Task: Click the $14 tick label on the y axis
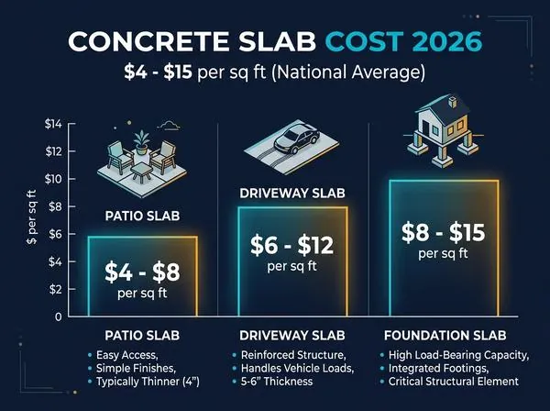pos(53,124)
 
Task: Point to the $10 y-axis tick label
pos(53,179)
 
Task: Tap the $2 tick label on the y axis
pos(55,289)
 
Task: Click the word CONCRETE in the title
pos(148,42)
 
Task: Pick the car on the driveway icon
pos(296,139)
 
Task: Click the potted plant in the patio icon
pos(142,142)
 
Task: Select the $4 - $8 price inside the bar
pos(142,272)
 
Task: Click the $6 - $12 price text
pos(291,245)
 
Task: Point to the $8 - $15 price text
pos(444,232)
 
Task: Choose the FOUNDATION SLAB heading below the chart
pos(445,336)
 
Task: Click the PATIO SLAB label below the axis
pos(142,336)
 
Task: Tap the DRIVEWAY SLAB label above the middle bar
pos(292,194)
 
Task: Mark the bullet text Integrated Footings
pos(438,369)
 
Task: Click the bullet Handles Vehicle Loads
pos(297,369)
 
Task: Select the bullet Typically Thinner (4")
pos(148,382)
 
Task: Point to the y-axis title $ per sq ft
pos(31,217)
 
